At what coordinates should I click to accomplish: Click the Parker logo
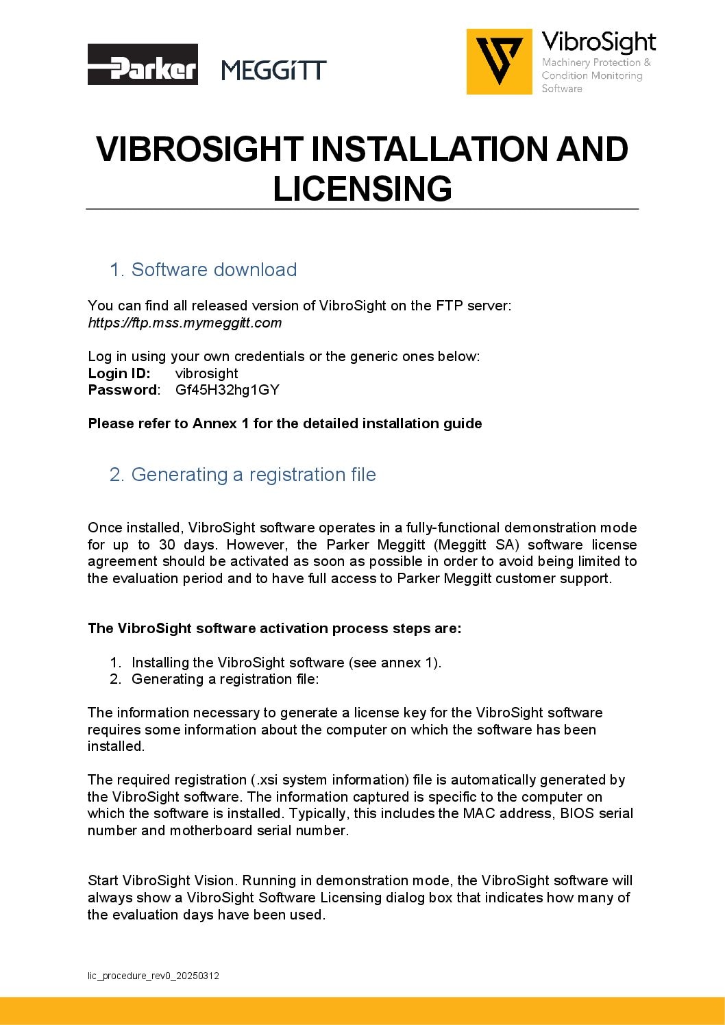click(143, 64)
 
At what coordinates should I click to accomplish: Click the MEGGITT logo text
click(274, 70)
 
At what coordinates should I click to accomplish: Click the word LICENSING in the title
click(362, 188)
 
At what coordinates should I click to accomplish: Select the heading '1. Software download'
click(203, 269)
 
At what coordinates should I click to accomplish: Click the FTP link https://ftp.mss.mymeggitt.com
click(185, 323)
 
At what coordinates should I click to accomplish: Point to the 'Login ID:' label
click(119, 373)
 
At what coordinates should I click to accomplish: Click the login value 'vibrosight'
click(206, 373)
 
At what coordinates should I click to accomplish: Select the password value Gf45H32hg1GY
click(227, 390)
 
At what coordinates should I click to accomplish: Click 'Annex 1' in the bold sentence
click(220, 423)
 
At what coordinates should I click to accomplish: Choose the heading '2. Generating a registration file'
click(243, 474)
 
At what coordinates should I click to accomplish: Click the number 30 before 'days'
click(167, 545)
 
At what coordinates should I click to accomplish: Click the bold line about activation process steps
click(274, 628)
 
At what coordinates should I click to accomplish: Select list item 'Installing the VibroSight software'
click(286, 663)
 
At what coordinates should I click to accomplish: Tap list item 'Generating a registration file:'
click(225, 679)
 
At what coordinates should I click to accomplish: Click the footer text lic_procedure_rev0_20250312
click(153, 976)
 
